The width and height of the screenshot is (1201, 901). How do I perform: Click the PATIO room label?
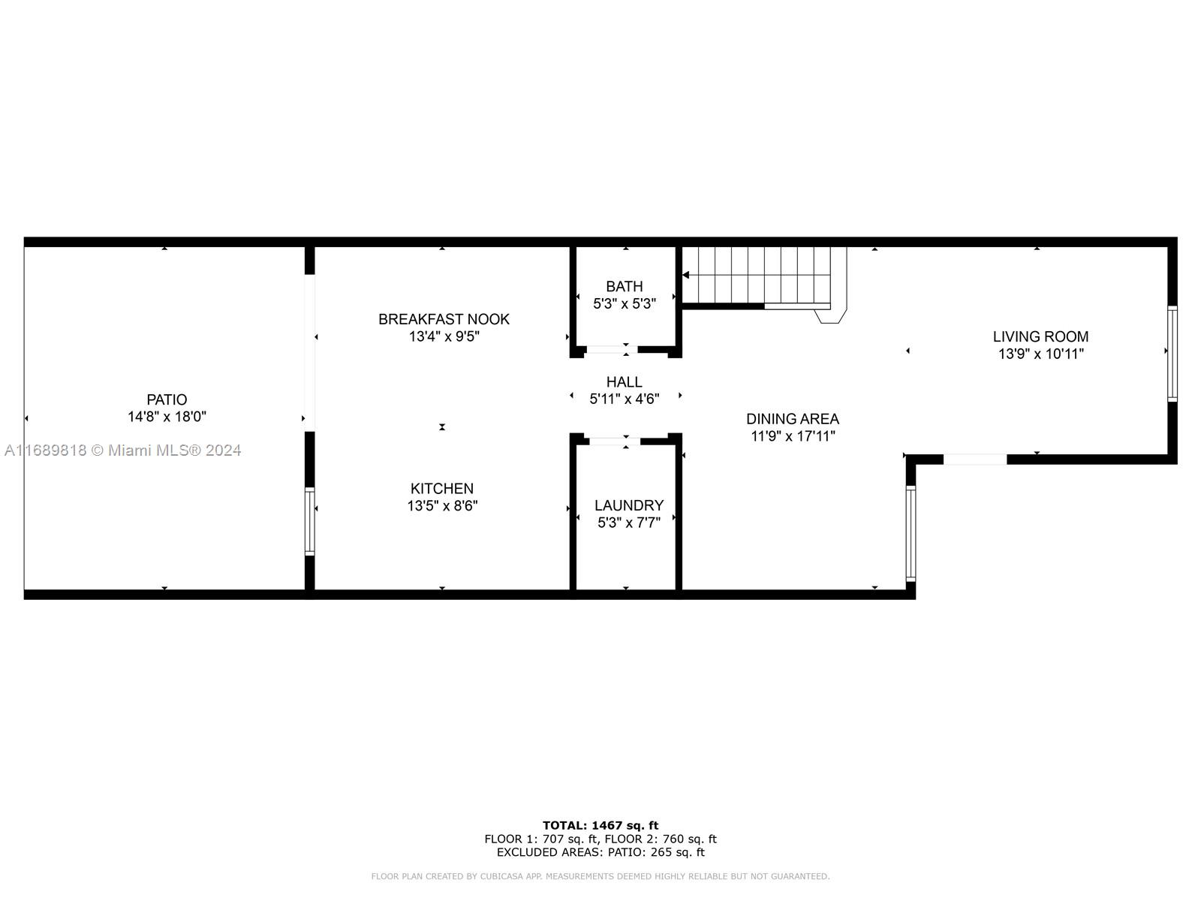pyautogui.click(x=167, y=399)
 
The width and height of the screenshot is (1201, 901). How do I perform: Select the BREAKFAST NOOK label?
pyautogui.click(x=444, y=319)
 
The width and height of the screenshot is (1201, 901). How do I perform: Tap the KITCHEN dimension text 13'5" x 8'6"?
pyautogui.click(x=442, y=505)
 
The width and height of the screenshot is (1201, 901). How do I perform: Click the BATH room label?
pyautogui.click(x=625, y=286)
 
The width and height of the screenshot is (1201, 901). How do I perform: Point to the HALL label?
pyautogui.click(x=625, y=382)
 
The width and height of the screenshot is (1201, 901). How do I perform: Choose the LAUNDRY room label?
pyautogui.click(x=629, y=505)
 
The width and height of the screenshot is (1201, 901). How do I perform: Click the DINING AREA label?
pyautogui.click(x=792, y=419)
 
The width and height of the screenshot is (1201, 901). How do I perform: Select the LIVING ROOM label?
pyautogui.click(x=1040, y=336)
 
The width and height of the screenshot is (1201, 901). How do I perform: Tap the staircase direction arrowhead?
pyautogui.click(x=685, y=275)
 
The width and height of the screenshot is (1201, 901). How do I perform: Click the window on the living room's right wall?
pyautogui.click(x=1172, y=354)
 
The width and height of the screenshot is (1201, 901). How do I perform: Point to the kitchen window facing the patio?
pyautogui.click(x=310, y=521)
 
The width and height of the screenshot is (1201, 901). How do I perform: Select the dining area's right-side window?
pyautogui.click(x=911, y=533)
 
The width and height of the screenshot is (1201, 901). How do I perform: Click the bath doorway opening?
pyautogui.click(x=612, y=350)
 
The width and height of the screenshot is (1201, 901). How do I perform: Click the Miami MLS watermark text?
pyautogui.click(x=122, y=450)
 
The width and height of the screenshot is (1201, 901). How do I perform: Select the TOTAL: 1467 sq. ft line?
pyautogui.click(x=600, y=825)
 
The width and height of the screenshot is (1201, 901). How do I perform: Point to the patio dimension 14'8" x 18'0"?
pyautogui.click(x=167, y=417)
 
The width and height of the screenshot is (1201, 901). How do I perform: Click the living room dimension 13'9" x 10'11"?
pyautogui.click(x=1040, y=354)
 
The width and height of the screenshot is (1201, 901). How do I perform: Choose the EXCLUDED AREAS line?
pyautogui.click(x=600, y=851)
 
